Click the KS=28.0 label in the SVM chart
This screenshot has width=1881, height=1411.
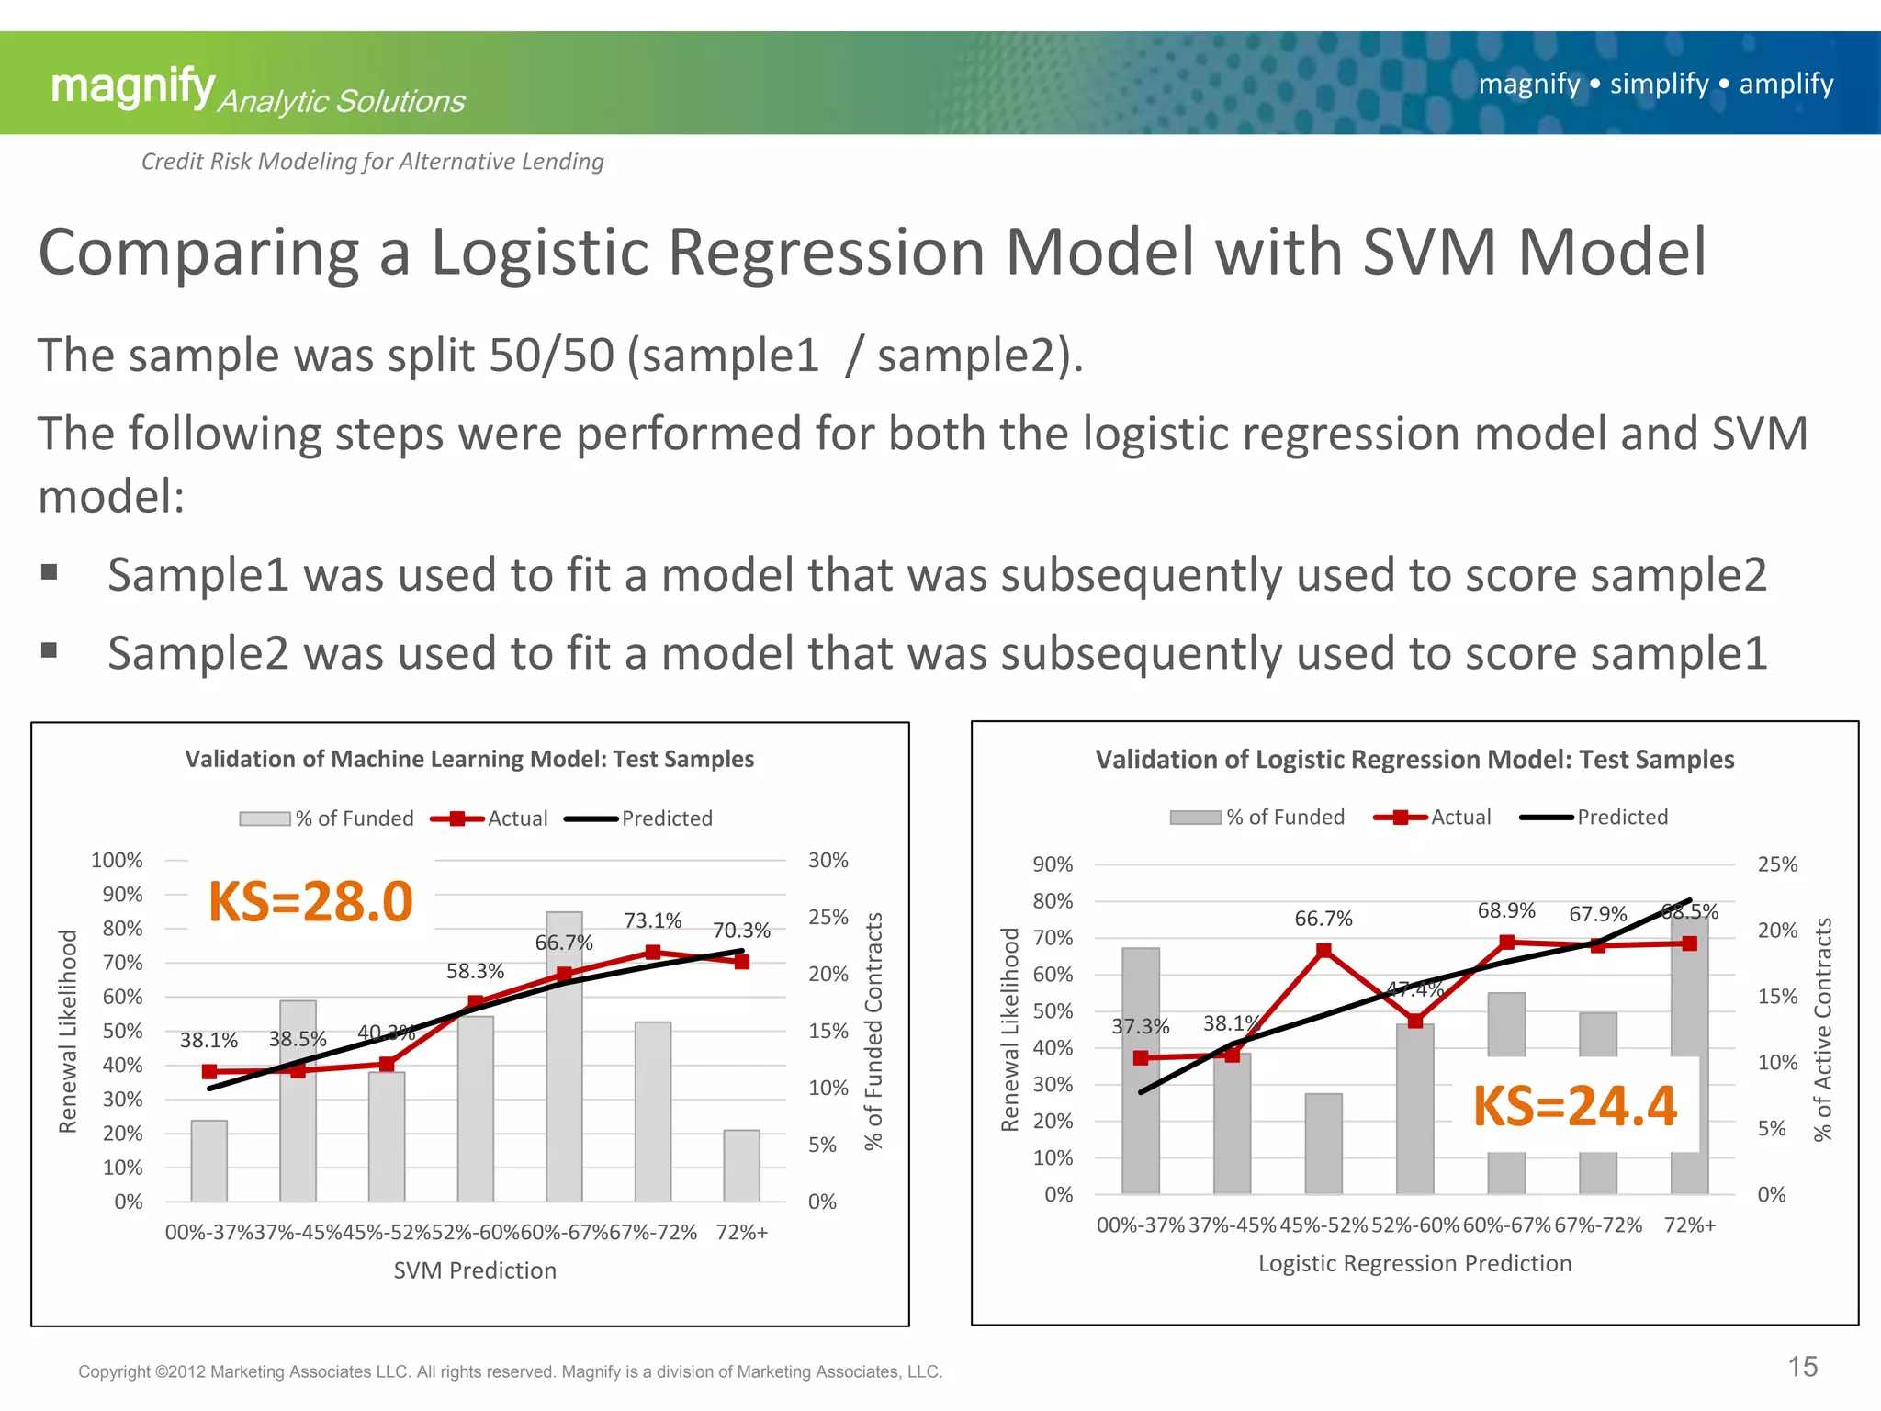pos(310,901)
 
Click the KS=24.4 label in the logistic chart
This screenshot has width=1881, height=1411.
pos(1574,1105)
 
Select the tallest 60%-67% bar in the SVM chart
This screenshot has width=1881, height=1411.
pos(564,1056)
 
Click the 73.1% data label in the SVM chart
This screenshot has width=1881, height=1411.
pos(652,920)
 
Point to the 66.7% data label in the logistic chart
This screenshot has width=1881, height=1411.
pos(1323,919)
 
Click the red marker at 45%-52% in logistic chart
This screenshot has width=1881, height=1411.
pos(1323,951)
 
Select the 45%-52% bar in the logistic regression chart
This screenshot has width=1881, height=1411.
pos(1323,1143)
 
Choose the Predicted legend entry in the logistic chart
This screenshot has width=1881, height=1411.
pos(1595,817)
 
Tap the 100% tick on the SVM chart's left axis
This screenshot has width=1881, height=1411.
pos(118,860)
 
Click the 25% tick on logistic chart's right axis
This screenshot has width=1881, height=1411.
pos(1777,864)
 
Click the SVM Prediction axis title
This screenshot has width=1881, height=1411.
pos(475,1270)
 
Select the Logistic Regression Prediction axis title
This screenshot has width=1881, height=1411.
pos(1414,1263)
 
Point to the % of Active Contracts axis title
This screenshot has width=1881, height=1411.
pos(1823,1029)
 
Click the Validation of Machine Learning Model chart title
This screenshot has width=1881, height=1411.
pos(469,759)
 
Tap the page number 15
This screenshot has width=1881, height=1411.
pos(1802,1367)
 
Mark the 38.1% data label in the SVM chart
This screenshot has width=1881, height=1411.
pos(208,1040)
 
